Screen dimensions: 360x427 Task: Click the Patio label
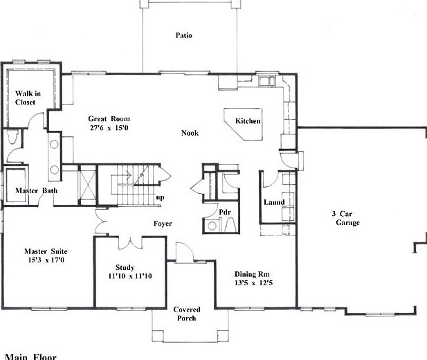tap(183, 35)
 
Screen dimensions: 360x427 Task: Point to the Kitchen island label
tap(248, 121)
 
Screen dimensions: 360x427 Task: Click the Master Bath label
tap(36, 190)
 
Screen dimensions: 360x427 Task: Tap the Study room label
tap(125, 267)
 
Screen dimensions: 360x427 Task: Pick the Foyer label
tap(163, 224)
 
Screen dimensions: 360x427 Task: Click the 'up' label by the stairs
tap(160, 197)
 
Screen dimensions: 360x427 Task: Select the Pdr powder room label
tap(224, 212)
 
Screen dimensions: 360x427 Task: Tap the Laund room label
tap(275, 202)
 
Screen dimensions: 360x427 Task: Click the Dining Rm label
tap(257, 273)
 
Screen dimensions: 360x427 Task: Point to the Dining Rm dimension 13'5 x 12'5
tap(257, 282)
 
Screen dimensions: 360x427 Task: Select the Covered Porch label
tap(185, 314)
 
